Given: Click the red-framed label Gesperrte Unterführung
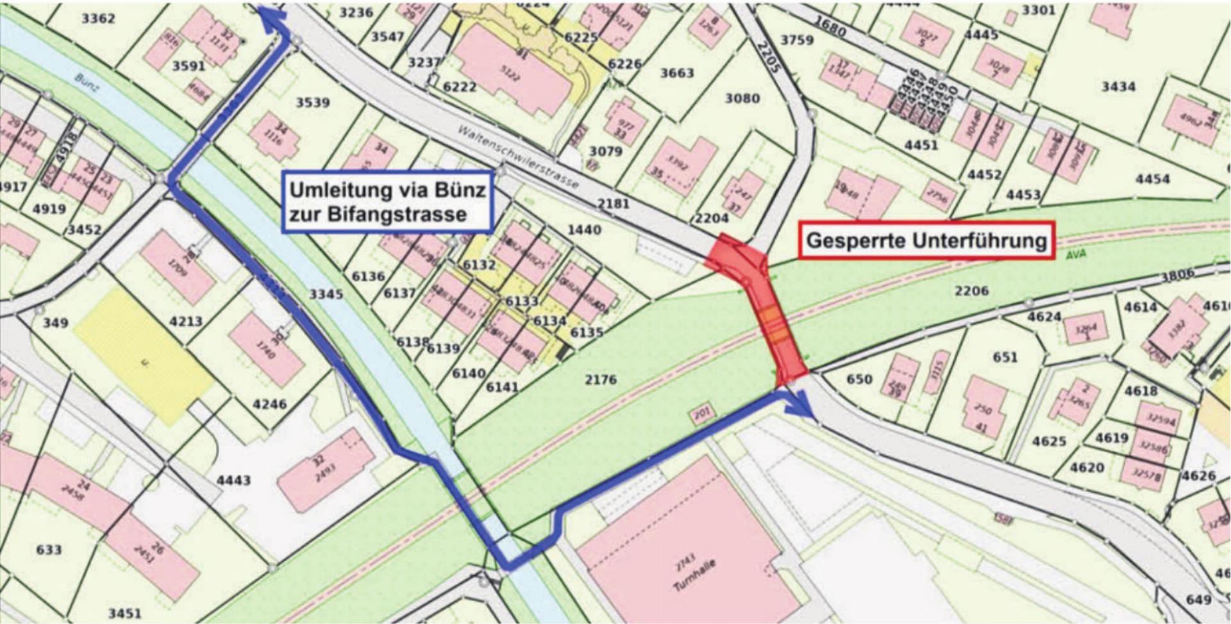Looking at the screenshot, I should pyautogui.click(x=926, y=240).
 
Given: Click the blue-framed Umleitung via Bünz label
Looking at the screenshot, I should pyautogui.click(x=387, y=201).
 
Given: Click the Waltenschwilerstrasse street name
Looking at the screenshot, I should pyautogui.click(x=518, y=157).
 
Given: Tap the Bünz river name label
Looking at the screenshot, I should pyautogui.click(x=87, y=82).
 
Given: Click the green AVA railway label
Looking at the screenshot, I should pyautogui.click(x=1076, y=254).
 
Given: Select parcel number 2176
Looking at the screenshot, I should pyautogui.click(x=600, y=379).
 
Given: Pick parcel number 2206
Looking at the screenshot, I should pyautogui.click(x=971, y=291).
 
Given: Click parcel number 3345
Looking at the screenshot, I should pyautogui.click(x=326, y=294).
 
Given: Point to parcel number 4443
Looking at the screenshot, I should pyautogui.click(x=233, y=480).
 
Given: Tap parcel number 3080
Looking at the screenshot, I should pyautogui.click(x=742, y=98).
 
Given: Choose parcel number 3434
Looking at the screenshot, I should pyautogui.click(x=1118, y=86).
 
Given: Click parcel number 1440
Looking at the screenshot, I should pyautogui.click(x=584, y=229).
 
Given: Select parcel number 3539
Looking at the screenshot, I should pyautogui.click(x=312, y=103).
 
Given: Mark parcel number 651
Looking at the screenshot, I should pyautogui.click(x=1005, y=357).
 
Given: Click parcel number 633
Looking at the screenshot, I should pyautogui.click(x=49, y=550).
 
